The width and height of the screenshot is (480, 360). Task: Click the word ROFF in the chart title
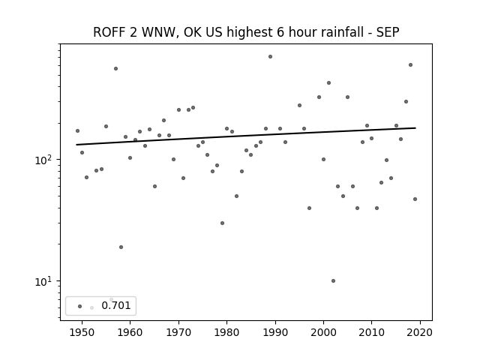click(108, 32)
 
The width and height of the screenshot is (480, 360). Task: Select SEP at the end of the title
click(388, 32)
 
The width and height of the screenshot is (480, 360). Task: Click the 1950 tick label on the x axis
click(82, 332)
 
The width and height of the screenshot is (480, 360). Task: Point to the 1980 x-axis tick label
click(226, 332)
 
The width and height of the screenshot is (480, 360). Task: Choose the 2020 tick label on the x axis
click(420, 332)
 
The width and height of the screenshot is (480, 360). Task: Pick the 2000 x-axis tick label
click(323, 332)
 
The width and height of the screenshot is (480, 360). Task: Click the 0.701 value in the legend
click(116, 305)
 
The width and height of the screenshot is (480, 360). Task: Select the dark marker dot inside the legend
click(80, 306)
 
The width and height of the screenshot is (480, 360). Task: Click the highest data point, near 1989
click(270, 57)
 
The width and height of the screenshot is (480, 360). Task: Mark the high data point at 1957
click(115, 68)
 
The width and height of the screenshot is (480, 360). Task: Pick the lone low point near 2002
click(333, 280)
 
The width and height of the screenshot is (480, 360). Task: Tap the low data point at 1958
click(121, 247)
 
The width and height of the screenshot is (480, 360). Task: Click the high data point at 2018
click(410, 65)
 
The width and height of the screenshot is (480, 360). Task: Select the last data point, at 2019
click(415, 199)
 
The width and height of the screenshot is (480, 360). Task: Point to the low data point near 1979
click(222, 223)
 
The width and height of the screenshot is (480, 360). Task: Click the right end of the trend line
click(415, 128)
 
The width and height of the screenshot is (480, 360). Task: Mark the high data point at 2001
click(328, 83)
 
